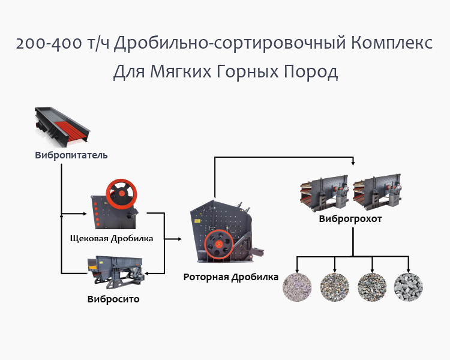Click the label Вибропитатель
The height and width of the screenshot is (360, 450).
point(71,155)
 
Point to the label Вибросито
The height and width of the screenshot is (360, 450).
point(113,299)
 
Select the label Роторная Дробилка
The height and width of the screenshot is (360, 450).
point(231,277)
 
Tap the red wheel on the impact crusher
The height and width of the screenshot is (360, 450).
point(218,245)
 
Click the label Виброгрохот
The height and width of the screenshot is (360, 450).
point(350,219)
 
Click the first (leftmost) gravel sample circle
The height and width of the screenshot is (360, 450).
point(297,287)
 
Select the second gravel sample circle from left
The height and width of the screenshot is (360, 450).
point(334,287)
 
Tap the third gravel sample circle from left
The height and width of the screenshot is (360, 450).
point(371,287)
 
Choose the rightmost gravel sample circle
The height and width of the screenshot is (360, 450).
point(408,287)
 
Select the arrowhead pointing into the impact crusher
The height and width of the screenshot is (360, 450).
point(179,239)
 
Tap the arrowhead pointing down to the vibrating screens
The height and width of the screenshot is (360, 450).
point(353,164)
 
